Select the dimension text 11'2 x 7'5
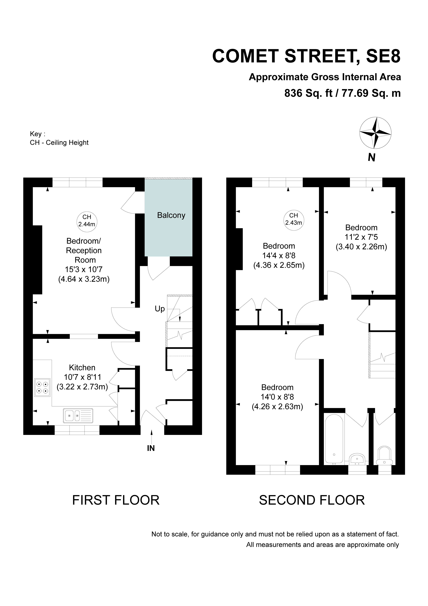click(361, 237)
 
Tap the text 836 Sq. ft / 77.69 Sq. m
click(343, 93)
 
